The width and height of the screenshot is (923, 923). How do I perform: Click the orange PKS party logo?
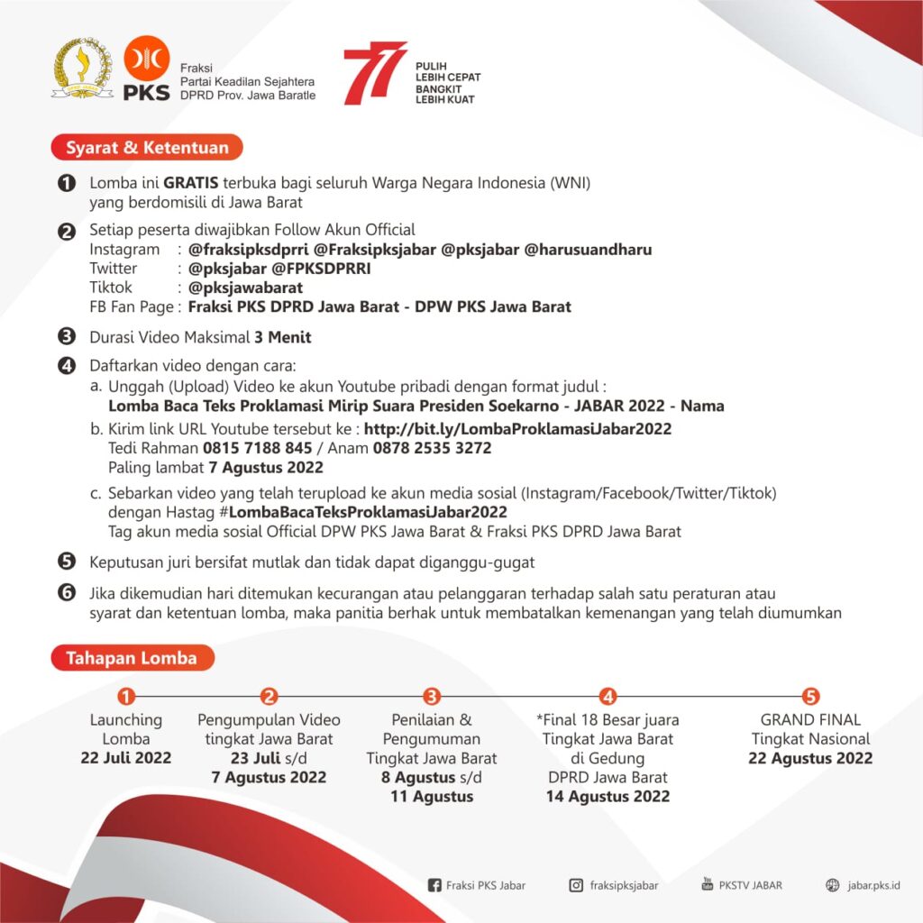point(146,68)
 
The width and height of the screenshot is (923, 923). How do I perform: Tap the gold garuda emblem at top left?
point(83,68)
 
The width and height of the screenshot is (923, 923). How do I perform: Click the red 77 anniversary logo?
point(374,72)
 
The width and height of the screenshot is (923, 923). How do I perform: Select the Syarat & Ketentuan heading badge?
point(147,148)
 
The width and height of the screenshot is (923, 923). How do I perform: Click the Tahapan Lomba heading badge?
point(132,658)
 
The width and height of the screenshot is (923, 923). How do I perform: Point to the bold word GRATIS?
point(191,183)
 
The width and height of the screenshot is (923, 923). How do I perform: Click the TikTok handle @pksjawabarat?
point(245,288)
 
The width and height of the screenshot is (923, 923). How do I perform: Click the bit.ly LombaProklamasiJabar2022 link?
point(517,429)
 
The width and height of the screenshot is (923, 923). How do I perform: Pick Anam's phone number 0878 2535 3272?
point(432,448)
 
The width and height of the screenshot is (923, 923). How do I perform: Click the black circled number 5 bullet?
point(66,562)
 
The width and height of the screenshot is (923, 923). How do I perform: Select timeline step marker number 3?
point(432,696)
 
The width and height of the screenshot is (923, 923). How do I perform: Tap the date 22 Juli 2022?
point(126,758)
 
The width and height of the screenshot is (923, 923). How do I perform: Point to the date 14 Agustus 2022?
point(608,796)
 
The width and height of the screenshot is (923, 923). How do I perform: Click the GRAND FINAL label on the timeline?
point(810,720)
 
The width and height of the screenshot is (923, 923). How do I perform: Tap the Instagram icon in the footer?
point(576,885)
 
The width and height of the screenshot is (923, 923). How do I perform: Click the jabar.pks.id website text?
point(873,885)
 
